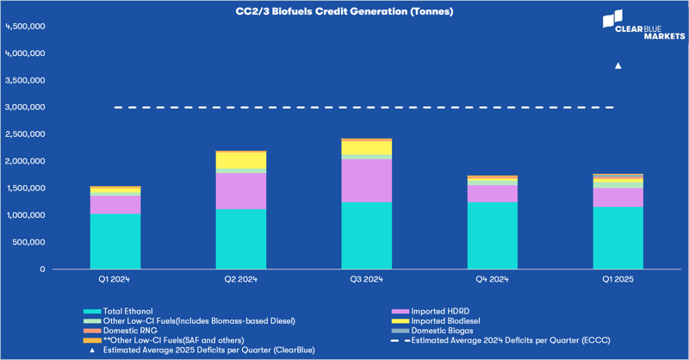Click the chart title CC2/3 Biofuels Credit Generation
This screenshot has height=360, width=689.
[344, 12]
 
